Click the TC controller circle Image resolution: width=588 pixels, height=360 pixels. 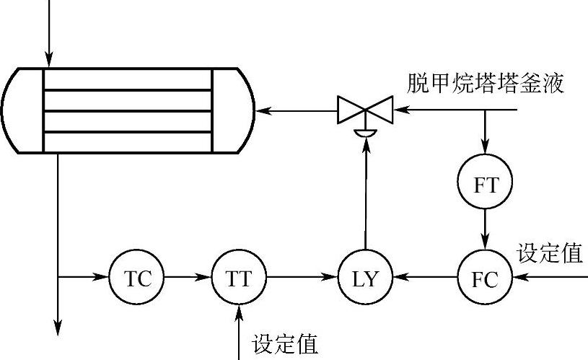[137, 278]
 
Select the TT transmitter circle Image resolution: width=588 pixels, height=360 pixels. [239, 278]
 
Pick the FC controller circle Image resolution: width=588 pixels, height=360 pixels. [484, 278]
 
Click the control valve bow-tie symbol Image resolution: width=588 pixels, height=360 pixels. [365, 111]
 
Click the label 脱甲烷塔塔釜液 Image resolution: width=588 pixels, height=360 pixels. [486, 84]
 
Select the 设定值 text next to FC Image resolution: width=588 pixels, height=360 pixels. [550, 253]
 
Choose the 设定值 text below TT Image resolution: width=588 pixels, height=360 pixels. [286, 344]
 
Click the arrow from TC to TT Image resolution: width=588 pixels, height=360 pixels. [188, 278]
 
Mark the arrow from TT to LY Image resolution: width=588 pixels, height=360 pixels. [302, 278]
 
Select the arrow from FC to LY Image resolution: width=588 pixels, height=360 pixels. [425, 278]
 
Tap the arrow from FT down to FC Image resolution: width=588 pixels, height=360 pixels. [485, 229]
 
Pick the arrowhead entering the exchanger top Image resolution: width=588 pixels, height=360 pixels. [49, 58]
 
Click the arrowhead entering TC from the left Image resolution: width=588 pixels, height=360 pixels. [101, 278]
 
